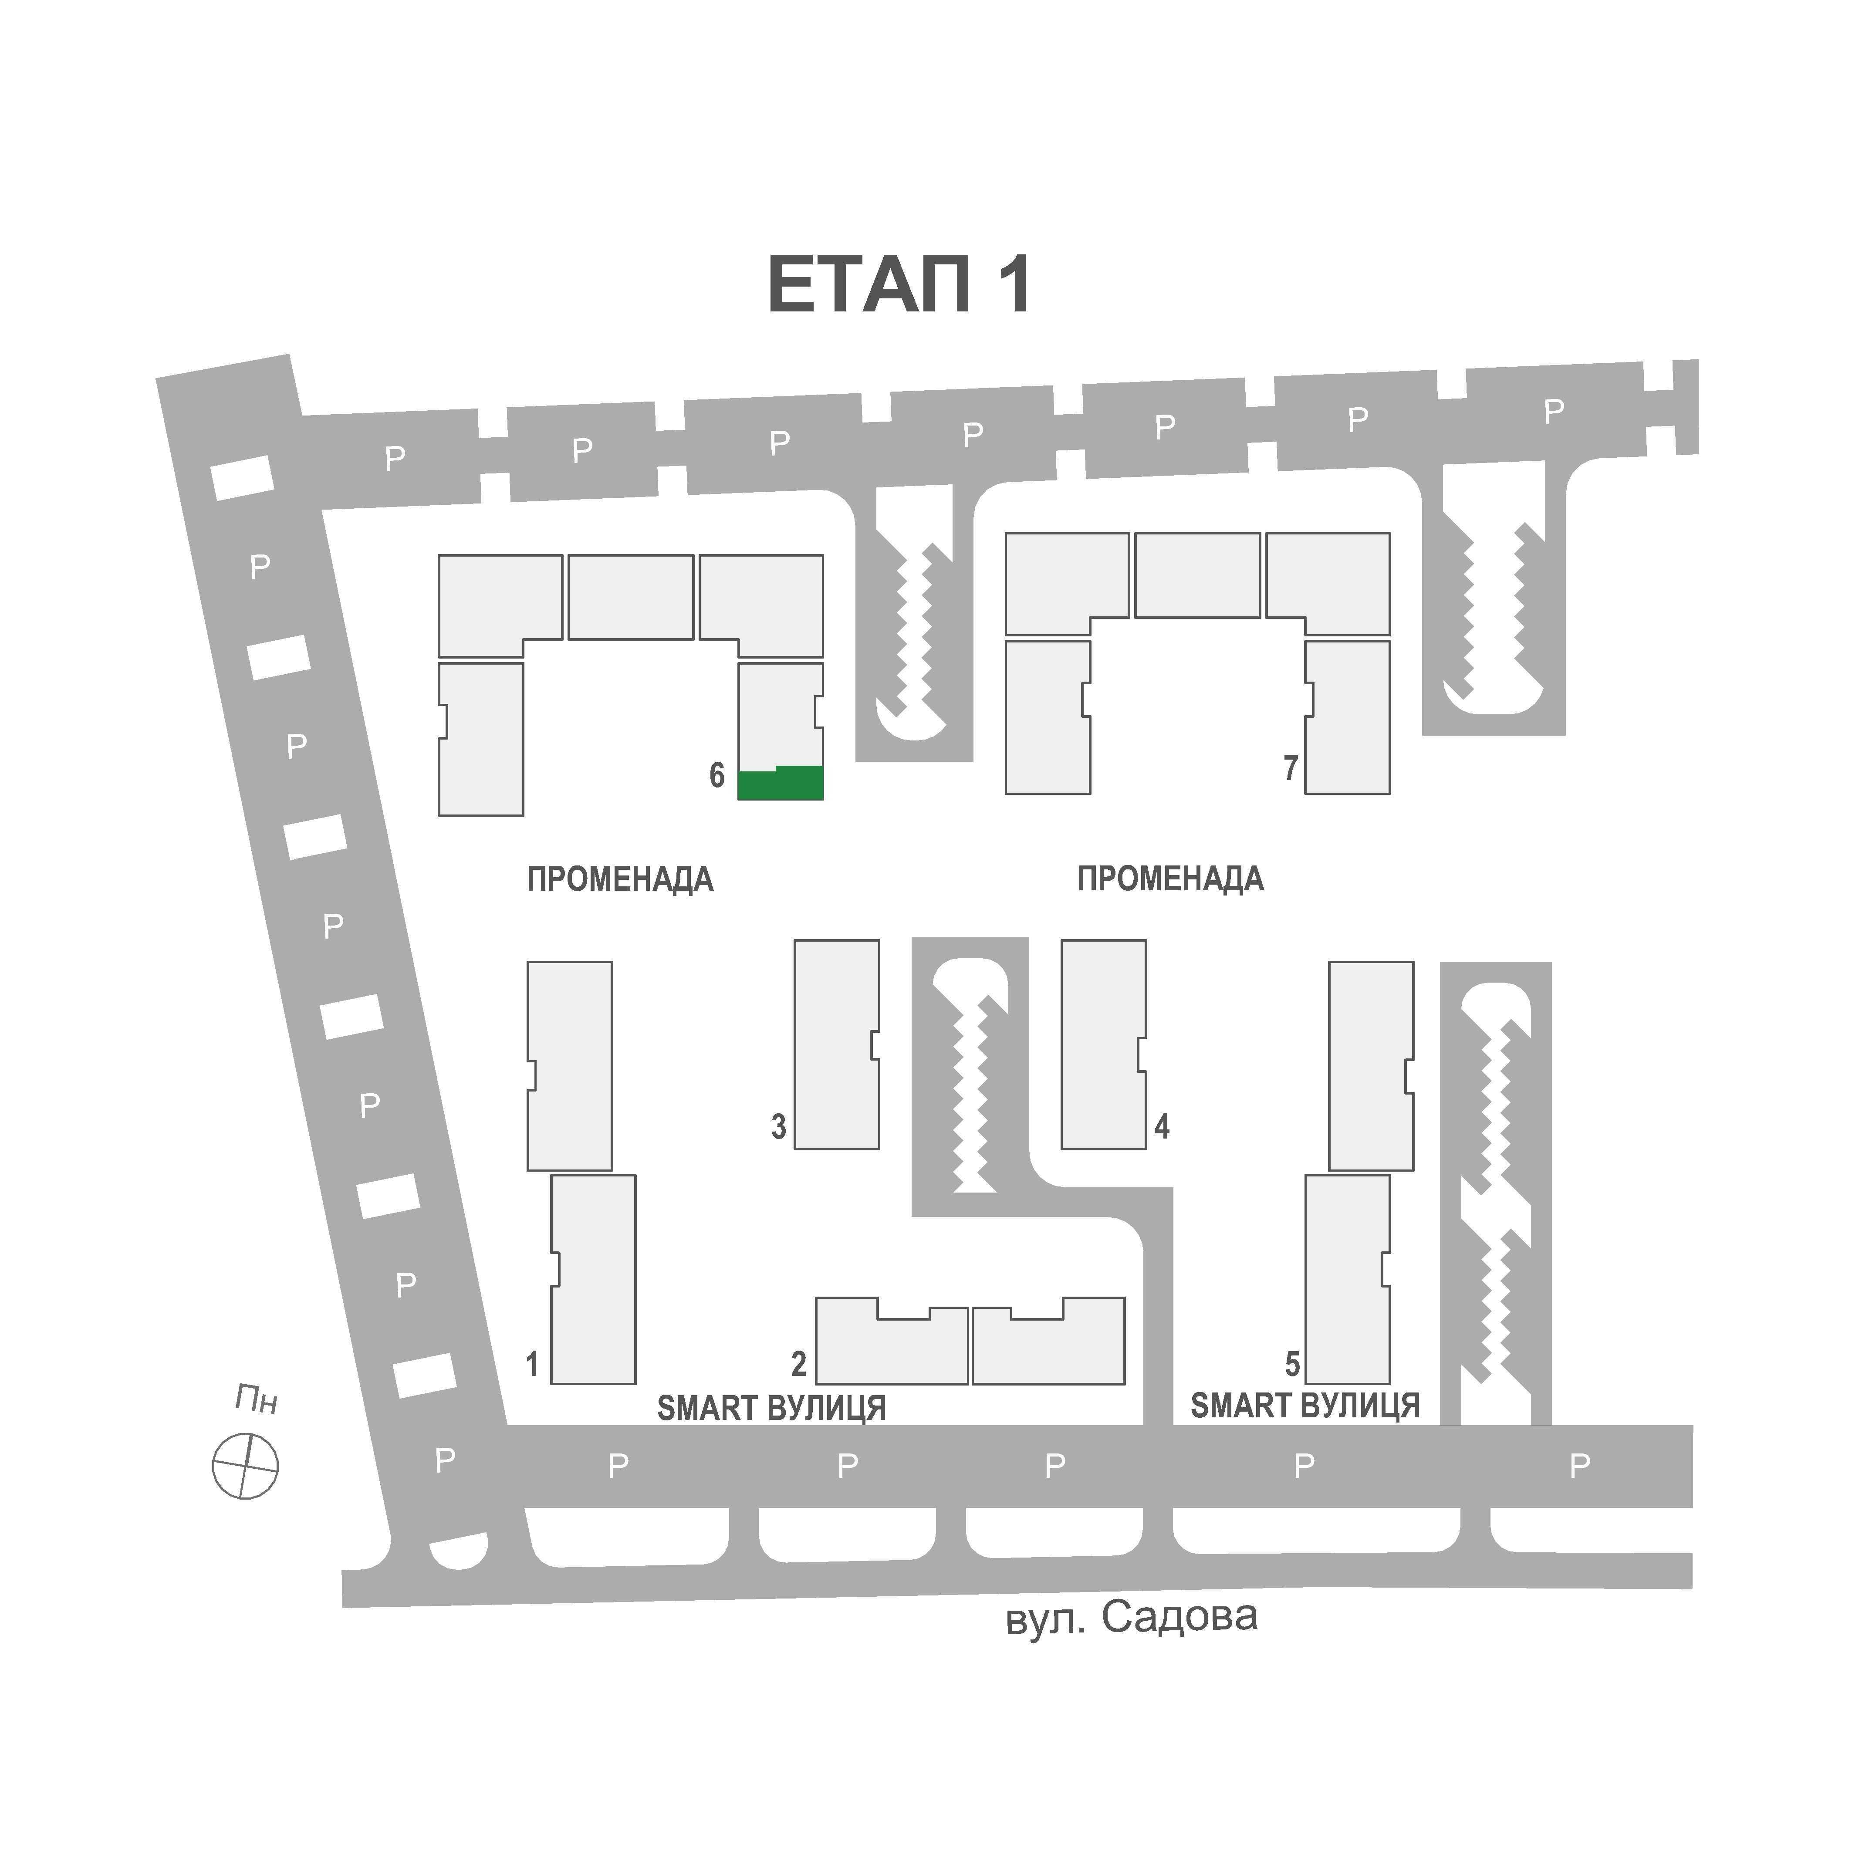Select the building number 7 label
[1291, 768]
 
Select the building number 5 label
[1292, 1363]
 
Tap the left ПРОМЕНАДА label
[620, 879]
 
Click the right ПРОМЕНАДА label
[1170, 879]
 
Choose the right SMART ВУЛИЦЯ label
[1305, 1405]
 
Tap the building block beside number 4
[1103, 1044]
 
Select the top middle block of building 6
[631, 597]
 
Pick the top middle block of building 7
[1197, 575]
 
